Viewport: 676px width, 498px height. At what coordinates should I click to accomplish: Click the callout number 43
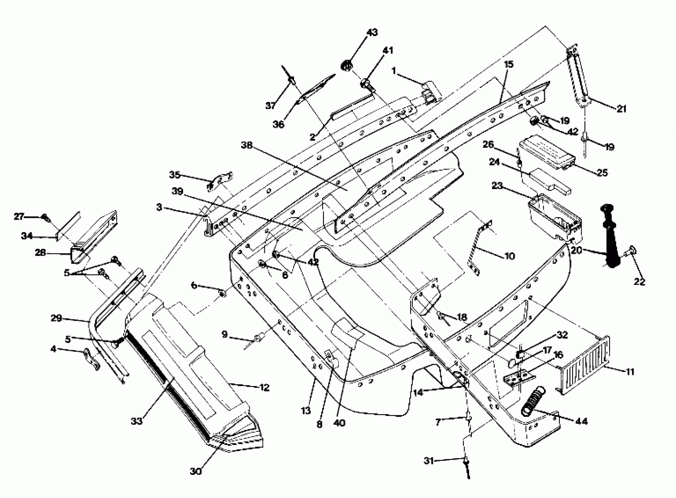point(372,33)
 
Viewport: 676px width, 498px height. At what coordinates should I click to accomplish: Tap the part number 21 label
point(621,109)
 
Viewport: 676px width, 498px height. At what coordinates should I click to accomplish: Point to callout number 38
point(247,145)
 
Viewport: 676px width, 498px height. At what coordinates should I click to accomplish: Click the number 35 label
point(174,175)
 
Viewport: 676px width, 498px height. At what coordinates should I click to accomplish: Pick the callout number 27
point(19,216)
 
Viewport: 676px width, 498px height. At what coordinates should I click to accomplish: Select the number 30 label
point(196,471)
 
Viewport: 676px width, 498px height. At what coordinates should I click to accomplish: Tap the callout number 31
point(429,461)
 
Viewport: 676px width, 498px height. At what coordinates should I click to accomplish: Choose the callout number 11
point(630,372)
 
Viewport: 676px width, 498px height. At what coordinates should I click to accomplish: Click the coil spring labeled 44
point(533,401)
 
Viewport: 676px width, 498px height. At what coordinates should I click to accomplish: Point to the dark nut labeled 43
point(347,65)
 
